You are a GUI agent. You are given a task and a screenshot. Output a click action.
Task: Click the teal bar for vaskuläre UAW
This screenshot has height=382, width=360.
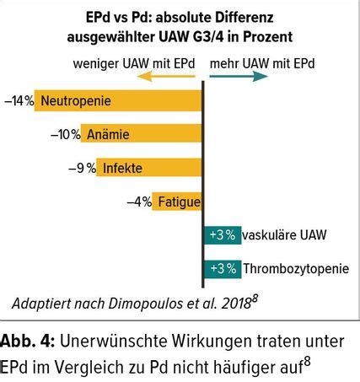pos(222,235)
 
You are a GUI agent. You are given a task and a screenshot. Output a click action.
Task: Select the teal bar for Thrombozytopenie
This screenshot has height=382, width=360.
pos(222,269)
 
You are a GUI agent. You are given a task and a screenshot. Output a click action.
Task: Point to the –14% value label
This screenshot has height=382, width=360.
pos(18,100)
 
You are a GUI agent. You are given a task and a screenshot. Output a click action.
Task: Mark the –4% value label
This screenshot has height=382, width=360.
pos(139,202)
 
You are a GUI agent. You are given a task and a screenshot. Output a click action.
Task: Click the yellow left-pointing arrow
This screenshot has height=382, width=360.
pos(166,74)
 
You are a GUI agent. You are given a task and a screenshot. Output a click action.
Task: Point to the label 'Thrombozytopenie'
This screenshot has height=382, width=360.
pos(294,269)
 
